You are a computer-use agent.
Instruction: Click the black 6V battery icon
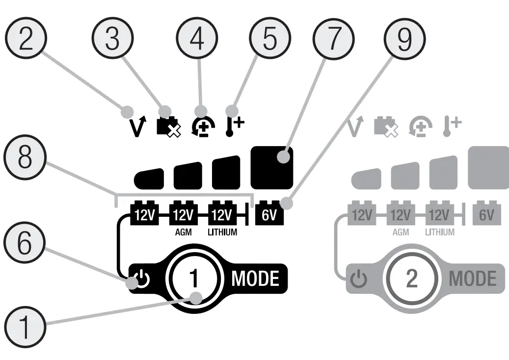click(x=269, y=214)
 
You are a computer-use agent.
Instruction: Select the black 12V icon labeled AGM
click(x=183, y=214)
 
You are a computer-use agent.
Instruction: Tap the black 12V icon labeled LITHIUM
click(x=222, y=214)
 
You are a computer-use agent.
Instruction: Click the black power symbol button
click(x=141, y=280)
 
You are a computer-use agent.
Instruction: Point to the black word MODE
click(x=255, y=279)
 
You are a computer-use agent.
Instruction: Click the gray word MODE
click(x=473, y=279)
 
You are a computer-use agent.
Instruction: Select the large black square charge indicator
click(x=272, y=167)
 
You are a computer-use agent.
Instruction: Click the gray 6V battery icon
click(x=486, y=214)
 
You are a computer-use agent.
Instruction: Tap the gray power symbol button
click(x=359, y=280)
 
